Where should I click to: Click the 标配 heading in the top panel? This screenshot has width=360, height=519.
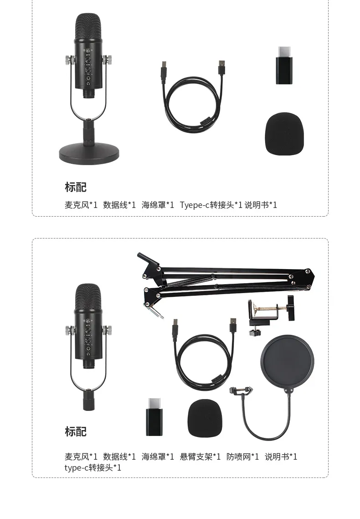click(x=76, y=187)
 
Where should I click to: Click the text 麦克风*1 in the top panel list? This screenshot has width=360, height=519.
click(x=81, y=205)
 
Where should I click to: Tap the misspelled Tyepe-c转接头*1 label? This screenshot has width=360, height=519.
click(x=211, y=205)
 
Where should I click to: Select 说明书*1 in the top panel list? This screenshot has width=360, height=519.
click(x=261, y=205)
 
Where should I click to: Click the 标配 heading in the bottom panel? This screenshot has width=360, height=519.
click(x=76, y=431)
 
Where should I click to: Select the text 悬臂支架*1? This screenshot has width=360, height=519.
click(x=201, y=457)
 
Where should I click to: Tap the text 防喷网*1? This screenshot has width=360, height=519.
click(x=243, y=457)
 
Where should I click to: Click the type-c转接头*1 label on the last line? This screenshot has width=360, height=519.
click(x=93, y=467)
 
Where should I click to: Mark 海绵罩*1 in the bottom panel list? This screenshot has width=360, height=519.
click(x=158, y=457)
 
